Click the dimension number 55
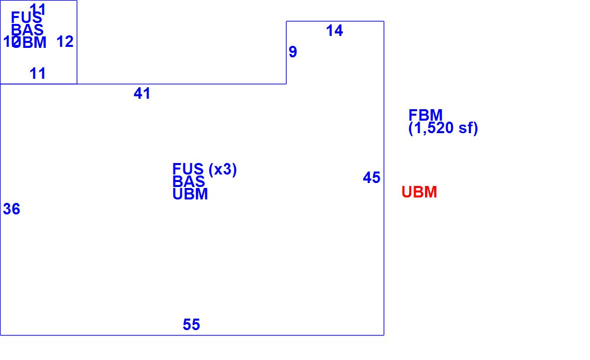[x=191, y=325]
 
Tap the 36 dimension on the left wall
[x=11, y=209]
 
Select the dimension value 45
[x=371, y=178]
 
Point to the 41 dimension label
[x=142, y=94]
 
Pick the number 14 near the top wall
[x=334, y=31]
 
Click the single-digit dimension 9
[x=293, y=52]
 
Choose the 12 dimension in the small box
[x=65, y=42]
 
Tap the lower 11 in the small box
[x=38, y=74]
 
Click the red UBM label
[x=419, y=192]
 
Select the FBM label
[x=426, y=115]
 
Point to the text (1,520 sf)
[x=443, y=129]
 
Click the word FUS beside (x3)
[x=188, y=170]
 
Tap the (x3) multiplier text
[x=223, y=170]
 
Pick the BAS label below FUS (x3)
[x=189, y=182]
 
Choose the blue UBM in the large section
[x=190, y=194]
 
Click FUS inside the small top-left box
[x=26, y=18]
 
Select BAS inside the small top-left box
[x=27, y=30]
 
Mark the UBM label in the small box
[x=30, y=43]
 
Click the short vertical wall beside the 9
[x=286, y=52]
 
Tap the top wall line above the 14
[x=335, y=21]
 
